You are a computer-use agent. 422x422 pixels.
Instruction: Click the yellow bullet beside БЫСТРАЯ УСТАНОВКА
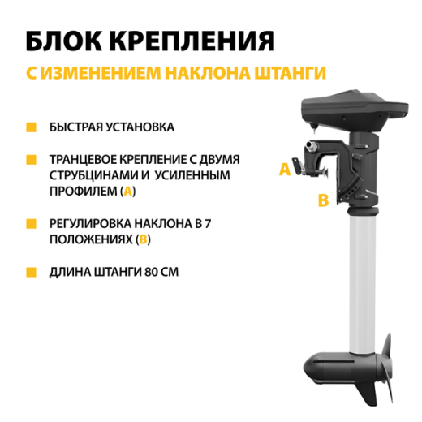pyautogui.click(x=31, y=128)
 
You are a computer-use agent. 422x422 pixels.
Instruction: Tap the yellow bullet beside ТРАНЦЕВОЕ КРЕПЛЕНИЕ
pyautogui.click(x=31, y=161)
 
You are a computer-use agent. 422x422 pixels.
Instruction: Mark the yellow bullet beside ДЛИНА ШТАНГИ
pyautogui.click(x=31, y=271)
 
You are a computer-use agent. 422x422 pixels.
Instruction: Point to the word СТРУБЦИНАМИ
pyautogui.click(x=89, y=175)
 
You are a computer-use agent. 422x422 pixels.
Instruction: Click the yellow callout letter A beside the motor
pyautogui.click(x=284, y=170)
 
